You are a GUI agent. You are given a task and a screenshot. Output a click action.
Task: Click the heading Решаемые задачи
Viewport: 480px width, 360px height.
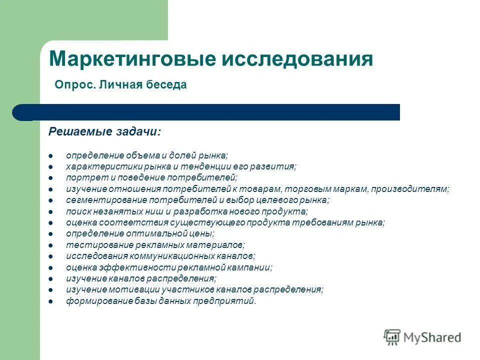point(104,131)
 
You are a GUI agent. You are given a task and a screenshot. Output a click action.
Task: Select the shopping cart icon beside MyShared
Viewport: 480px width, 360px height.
point(392,336)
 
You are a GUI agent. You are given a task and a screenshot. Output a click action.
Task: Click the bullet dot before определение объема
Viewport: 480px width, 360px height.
point(51,156)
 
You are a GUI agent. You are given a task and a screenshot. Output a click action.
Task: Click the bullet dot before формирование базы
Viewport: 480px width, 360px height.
point(51,301)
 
